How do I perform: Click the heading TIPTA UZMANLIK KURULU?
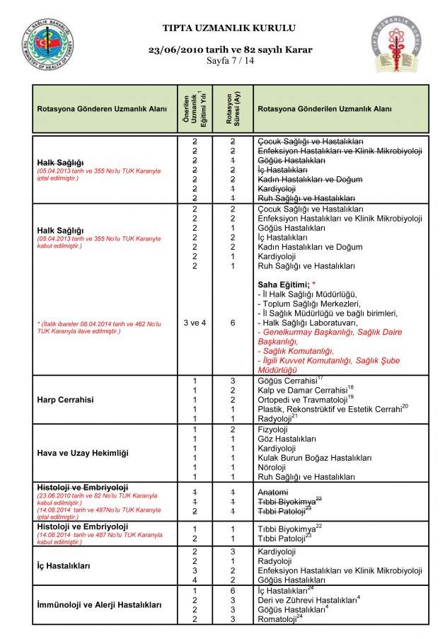229,28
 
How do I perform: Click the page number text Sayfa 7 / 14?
230,61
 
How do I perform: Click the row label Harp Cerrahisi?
66,400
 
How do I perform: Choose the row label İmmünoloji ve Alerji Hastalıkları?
99,605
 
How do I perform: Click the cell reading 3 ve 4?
194,323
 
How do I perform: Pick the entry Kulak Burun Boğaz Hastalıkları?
313,458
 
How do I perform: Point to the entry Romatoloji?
279,619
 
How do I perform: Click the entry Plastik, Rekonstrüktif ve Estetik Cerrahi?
330,409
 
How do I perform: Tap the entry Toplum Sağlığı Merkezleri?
306,303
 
